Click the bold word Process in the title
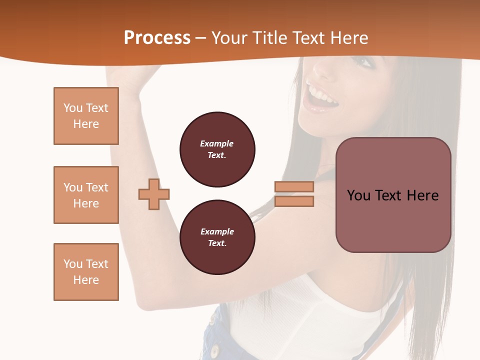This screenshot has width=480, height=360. tap(157, 38)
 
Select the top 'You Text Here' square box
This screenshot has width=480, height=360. tap(86, 116)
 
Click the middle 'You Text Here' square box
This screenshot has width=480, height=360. tap(86, 195)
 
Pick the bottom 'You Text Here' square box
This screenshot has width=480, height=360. tap(86, 272)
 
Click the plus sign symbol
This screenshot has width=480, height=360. tap(154, 194)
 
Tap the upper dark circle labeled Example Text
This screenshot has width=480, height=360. tap(217, 149)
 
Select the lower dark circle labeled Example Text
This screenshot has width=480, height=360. tap(217, 237)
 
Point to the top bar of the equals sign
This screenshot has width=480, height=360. tap(294, 186)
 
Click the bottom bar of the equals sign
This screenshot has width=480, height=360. tap(294, 201)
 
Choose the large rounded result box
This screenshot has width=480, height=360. tap(393, 195)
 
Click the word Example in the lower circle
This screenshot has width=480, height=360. tap(217, 231)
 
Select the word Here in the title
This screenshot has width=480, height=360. tap(350, 38)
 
